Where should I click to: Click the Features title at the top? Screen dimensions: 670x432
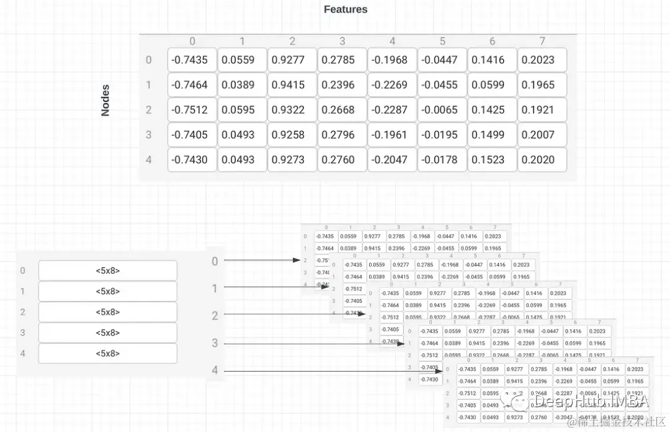pos(346,9)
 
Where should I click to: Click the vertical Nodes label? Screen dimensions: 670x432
pos(105,101)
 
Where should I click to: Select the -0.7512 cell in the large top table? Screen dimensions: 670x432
pos(192,110)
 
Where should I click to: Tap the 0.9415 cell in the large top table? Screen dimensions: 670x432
pos(292,85)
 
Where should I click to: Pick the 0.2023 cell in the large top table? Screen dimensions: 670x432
pos(542,60)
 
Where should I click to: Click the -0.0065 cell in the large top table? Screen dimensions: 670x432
pos(442,110)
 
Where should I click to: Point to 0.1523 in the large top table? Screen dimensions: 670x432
pos(492,160)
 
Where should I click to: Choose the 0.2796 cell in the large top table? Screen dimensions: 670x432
pos(342,135)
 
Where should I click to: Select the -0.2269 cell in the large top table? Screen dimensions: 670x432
pos(392,85)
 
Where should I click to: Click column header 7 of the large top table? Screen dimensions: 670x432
pos(542,42)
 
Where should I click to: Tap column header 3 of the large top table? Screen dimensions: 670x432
pos(342,42)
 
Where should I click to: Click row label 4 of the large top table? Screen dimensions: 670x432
pos(149,160)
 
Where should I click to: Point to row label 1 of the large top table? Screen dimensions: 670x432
pos(149,85)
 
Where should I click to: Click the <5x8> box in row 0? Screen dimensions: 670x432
pos(107,271)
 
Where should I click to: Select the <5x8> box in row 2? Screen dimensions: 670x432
pos(107,312)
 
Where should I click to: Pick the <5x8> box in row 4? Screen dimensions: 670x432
pos(107,353)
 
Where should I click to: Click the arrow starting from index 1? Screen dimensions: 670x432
pos(276,287)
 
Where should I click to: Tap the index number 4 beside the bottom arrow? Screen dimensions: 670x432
pos(215,371)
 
